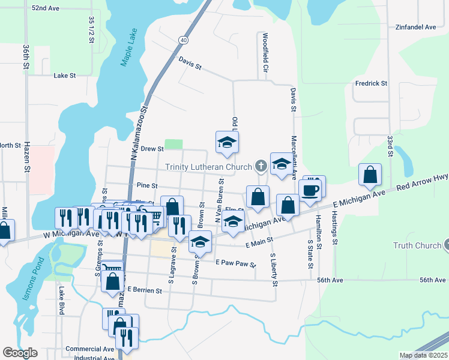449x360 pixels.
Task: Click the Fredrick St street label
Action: (371, 83)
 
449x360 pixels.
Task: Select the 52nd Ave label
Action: (46, 8)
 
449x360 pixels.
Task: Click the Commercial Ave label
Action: (89, 349)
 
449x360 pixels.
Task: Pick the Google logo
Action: (20, 353)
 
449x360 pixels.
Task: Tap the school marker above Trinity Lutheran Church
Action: (227, 142)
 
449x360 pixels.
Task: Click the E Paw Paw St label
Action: (236, 263)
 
